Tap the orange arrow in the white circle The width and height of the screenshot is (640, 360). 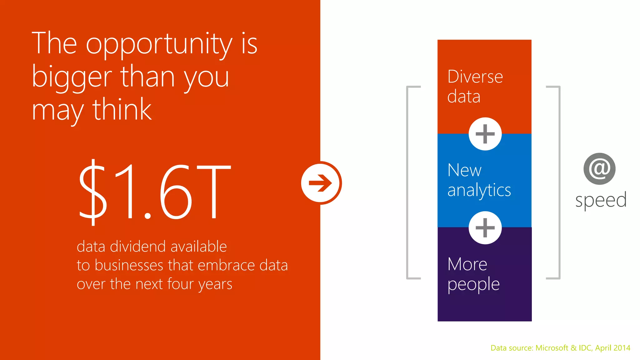coord(321,183)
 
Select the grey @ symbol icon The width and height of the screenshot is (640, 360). coord(599,169)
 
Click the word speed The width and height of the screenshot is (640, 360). coord(601,200)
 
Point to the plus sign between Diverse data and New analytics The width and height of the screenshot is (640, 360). coord(485,134)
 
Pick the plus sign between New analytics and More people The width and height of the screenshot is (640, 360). coord(485,228)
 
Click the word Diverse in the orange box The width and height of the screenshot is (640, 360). coord(475,77)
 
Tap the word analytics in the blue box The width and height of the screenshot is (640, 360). coord(479,190)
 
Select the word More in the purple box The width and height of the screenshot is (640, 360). coord(467,264)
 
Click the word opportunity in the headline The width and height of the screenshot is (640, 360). coord(159,44)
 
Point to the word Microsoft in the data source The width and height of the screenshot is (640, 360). coord(552,348)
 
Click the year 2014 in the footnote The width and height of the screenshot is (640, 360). coord(621,348)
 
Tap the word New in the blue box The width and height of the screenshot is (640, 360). coord(464,170)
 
